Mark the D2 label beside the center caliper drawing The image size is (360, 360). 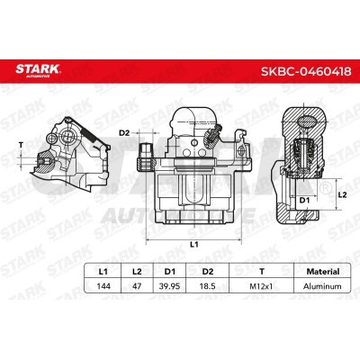coord(124,133)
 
